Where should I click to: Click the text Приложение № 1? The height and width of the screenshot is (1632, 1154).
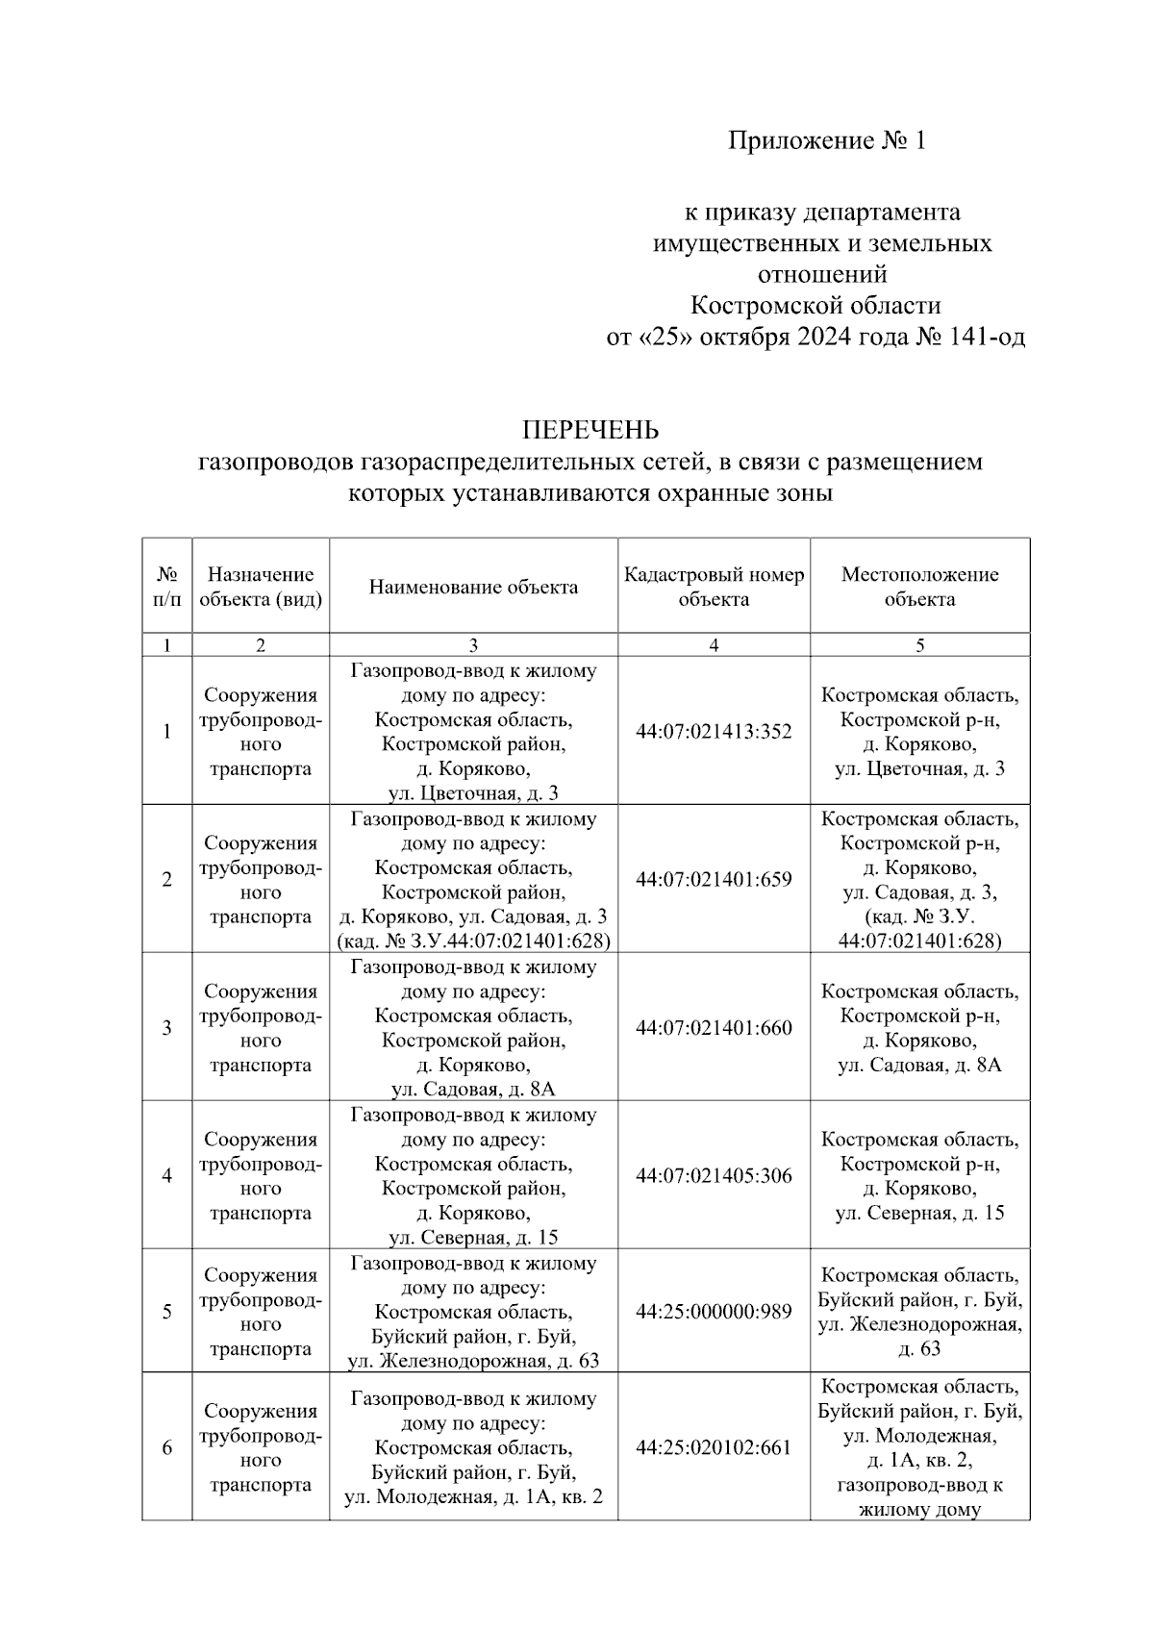[826, 141]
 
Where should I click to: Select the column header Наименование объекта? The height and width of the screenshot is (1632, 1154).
[473, 587]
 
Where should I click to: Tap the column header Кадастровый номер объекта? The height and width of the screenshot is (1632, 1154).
[714, 587]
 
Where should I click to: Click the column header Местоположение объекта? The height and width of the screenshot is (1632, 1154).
[919, 587]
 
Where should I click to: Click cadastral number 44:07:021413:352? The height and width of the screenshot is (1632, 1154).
[714, 732]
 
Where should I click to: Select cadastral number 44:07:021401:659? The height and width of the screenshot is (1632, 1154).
[714, 880]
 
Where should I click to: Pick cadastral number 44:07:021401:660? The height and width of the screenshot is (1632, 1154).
[714, 1028]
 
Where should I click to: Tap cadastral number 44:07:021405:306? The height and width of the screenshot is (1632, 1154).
[714, 1176]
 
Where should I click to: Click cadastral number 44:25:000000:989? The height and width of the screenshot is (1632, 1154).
[714, 1312]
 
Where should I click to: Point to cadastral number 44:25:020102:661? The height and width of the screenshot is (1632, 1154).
[714, 1447]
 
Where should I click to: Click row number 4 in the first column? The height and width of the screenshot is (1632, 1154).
[167, 1176]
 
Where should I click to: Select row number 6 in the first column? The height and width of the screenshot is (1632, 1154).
[167, 1447]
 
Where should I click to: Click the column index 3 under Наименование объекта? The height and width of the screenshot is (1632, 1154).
[473, 646]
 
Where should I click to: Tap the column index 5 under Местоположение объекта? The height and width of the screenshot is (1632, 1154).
[919, 646]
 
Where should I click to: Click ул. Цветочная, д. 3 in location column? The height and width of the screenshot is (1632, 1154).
[919, 769]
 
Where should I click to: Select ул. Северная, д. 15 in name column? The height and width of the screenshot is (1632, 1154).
[473, 1238]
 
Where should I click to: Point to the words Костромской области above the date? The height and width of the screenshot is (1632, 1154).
[815, 306]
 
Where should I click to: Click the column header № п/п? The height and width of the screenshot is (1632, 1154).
[167, 587]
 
